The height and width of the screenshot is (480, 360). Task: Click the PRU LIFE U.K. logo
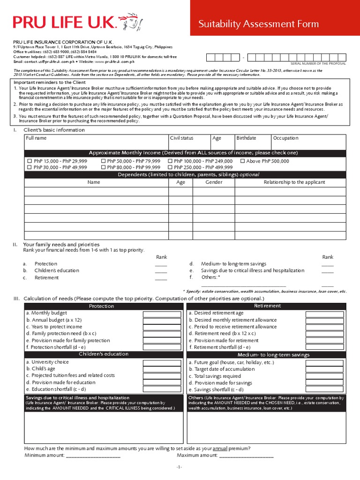pyautogui.click(x=78, y=22)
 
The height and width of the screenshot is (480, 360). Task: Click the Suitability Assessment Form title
pyautogui.click(x=258, y=24)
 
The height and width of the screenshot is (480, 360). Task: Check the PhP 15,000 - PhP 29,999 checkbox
pyautogui.click(x=29, y=161)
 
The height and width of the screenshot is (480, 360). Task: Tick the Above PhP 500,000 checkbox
pyautogui.click(x=243, y=161)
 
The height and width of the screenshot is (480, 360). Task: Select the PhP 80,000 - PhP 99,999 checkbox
pyautogui.click(x=103, y=167)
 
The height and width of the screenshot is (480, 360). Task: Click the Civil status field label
pyautogui.click(x=181, y=138)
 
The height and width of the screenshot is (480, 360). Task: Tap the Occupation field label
pyautogui.click(x=286, y=138)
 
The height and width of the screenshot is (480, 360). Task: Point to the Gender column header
pyautogui.click(x=214, y=182)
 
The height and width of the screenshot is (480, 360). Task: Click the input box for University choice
pyautogui.click(x=162, y=362)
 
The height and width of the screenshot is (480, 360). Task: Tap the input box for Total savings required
pyautogui.click(x=324, y=376)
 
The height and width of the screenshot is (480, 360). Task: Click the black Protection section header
pyautogui.click(x=102, y=306)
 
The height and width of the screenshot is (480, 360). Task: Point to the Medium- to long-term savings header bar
pyautogui.click(x=267, y=355)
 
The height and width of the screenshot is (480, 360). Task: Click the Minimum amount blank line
pyautogui.click(x=93, y=456)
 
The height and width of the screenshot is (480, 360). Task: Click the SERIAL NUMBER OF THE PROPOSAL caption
pyautogui.click(x=318, y=63)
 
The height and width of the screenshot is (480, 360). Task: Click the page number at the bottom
pyautogui.click(x=179, y=467)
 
